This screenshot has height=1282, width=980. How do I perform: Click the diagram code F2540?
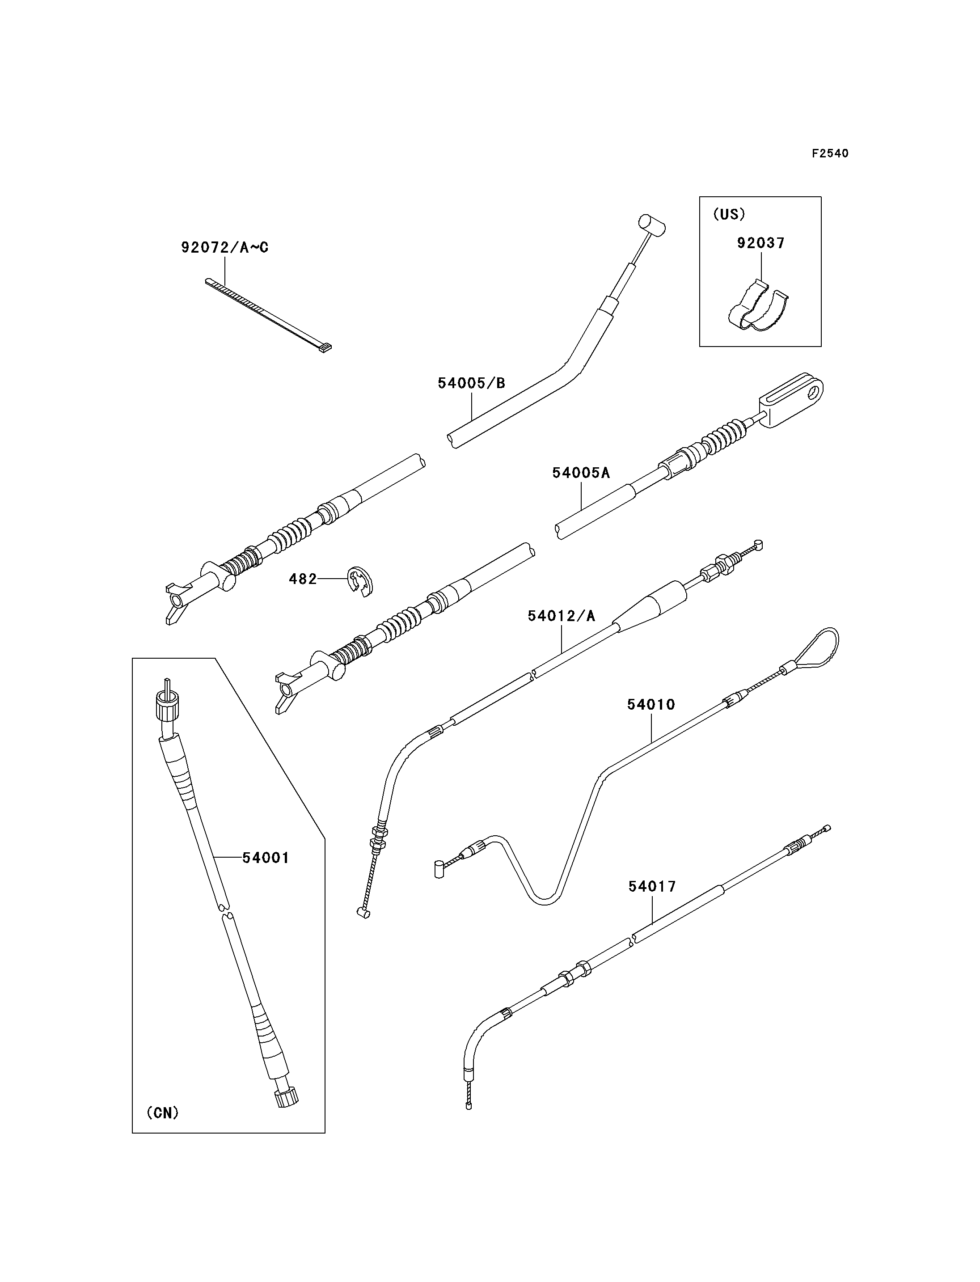tap(830, 153)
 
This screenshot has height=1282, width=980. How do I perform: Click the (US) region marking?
tap(729, 214)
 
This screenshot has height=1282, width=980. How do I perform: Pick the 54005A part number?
tap(581, 473)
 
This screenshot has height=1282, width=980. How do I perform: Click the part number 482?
tap(303, 579)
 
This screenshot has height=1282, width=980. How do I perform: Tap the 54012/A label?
tap(561, 616)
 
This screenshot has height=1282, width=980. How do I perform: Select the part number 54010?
tap(651, 704)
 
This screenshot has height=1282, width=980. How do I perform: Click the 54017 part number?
tap(652, 886)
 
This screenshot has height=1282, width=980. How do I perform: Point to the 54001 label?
tap(266, 858)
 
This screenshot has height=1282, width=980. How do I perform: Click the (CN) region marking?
tap(163, 1113)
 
